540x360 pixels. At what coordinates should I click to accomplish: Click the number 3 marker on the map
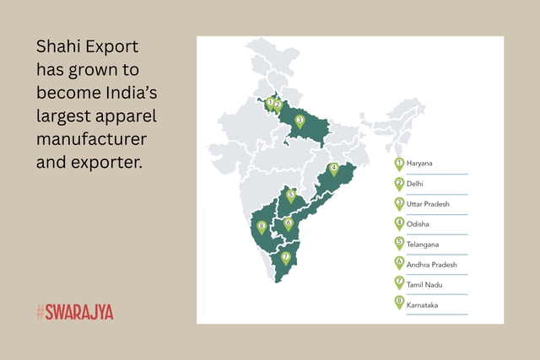coord(300,121)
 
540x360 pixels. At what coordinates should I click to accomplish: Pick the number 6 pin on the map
coord(289,224)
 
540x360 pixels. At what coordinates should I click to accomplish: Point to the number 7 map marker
coord(286,257)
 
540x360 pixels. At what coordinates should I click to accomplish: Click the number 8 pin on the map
coord(262,227)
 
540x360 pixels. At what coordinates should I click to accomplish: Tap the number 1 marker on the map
coord(269,103)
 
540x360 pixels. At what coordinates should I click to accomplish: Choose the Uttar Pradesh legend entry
coord(429,204)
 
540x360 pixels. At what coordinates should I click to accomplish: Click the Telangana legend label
coord(424,244)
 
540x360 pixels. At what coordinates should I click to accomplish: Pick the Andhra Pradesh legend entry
coord(432,265)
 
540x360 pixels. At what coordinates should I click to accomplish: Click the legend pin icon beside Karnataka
coord(399,304)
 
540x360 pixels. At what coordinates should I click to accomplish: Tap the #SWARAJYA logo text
coord(74,312)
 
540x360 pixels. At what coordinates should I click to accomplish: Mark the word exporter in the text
coord(106,159)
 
